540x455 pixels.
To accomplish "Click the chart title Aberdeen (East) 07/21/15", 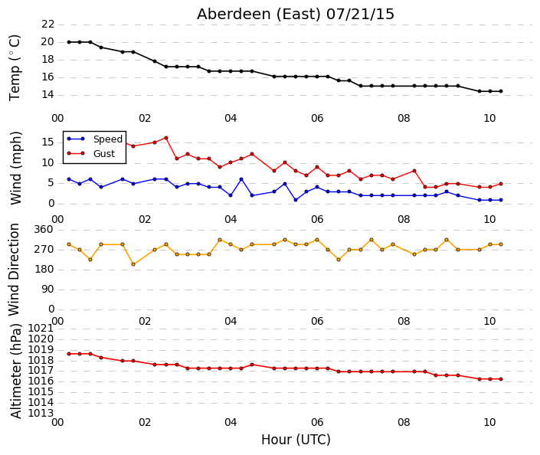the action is pos(296,15).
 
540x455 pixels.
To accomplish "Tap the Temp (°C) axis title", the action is pos(15,67).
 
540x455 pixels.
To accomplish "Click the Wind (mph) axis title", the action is pos(15,168).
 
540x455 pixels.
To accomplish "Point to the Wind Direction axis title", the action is pos(14,270).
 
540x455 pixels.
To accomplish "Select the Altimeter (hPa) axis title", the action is pos(15,371).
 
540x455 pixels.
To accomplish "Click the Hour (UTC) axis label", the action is pos(296,440).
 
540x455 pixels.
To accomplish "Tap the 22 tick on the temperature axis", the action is pos(47,25).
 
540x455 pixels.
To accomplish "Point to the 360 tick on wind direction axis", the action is pos(44,230).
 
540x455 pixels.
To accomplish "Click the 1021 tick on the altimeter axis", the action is pos(41,329).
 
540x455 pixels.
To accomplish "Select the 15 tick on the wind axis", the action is pos(47,142).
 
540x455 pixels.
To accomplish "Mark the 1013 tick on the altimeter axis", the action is pos(41,413).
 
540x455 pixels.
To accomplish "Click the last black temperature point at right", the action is pos(501,91).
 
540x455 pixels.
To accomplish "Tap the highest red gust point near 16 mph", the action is pos(166,138).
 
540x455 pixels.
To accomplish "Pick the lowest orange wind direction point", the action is pos(133,264).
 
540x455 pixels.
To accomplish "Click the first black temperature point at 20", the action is pos(69,42).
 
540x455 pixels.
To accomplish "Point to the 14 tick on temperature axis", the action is pos(47,95).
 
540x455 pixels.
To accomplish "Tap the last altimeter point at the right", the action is pos(501,379).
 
